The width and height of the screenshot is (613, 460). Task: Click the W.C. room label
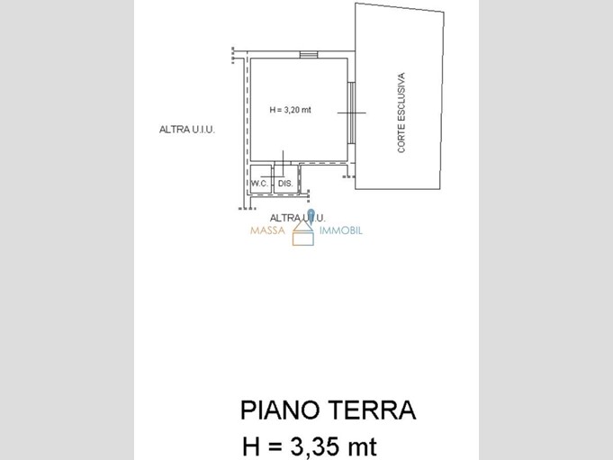click(259, 184)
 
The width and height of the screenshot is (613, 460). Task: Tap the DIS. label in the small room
click(285, 184)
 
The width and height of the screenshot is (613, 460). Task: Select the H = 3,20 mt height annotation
click(291, 110)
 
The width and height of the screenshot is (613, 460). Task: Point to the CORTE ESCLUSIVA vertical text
click(401, 113)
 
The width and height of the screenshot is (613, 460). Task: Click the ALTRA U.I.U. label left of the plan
click(187, 130)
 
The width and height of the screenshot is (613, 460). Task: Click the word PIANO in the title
click(279, 410)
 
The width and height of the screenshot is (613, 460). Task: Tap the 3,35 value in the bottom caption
click(315, 446)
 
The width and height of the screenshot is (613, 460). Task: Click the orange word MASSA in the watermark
click(268, 230)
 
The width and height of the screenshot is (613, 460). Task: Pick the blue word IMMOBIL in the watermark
click(341, 230)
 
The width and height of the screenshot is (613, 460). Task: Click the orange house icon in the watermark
click(303, 233)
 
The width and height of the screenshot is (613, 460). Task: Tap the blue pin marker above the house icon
click(311, 216)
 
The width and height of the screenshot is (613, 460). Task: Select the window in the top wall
click(309, 55)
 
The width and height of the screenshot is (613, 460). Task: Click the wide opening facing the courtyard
click(351, 113)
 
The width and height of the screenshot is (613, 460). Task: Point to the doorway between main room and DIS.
click(283, 163)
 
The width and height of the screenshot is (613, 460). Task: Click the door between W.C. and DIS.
click(273, 176)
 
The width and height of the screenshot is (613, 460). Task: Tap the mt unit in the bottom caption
click(363, 447)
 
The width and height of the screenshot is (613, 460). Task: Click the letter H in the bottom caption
click(251, 446)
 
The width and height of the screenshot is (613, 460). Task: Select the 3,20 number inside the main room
click(292, 110)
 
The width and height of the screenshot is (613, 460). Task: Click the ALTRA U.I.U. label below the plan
click(298, 218)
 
